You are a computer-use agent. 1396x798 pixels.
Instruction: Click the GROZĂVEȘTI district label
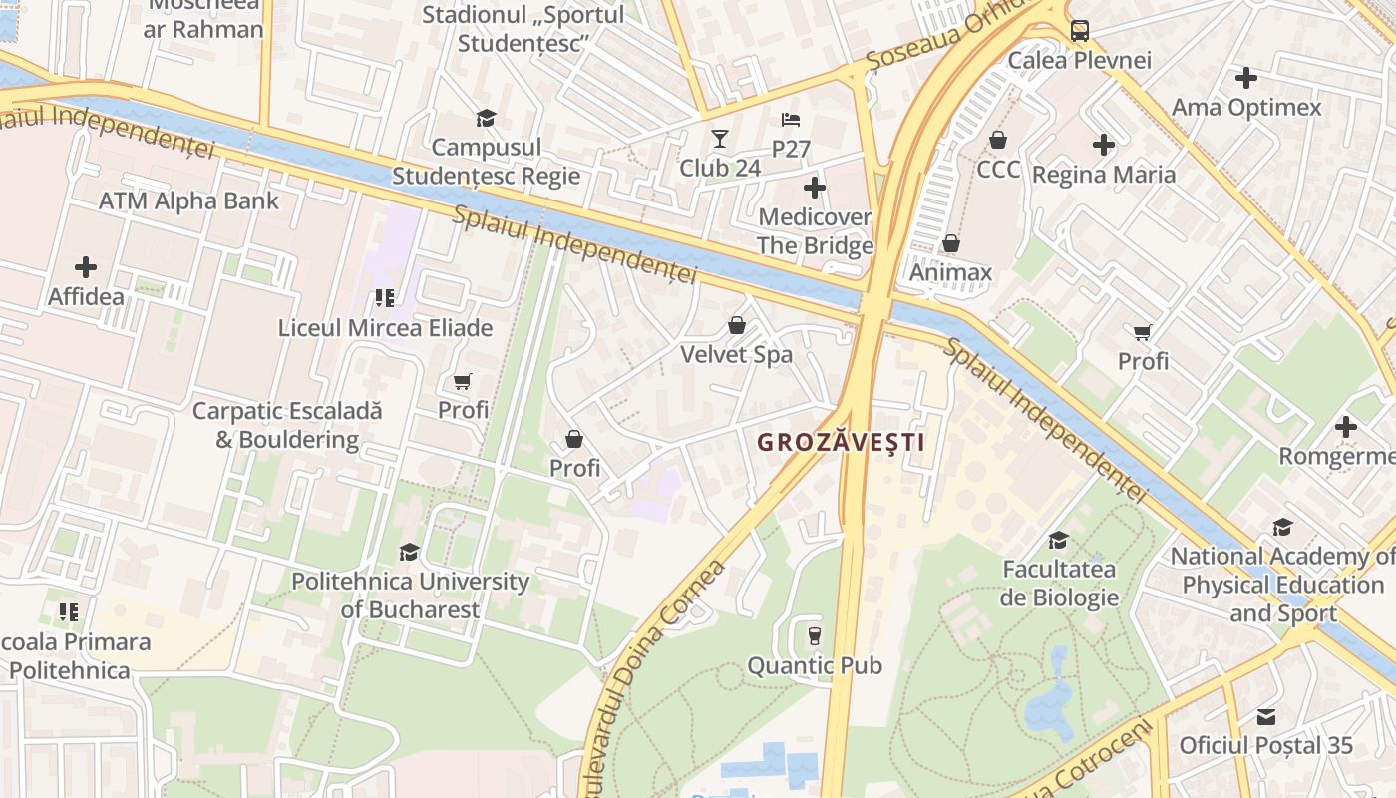tap(841, 442)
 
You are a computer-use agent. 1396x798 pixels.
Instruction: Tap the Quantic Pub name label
tap(815, 665)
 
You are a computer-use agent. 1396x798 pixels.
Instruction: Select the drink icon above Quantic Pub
tap(815, 635)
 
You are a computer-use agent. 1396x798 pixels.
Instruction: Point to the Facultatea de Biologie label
tap(1059, 584)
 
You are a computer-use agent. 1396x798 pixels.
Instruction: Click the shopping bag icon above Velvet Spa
tap(737, 325)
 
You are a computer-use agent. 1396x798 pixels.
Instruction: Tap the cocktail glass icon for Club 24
tap(720, 139)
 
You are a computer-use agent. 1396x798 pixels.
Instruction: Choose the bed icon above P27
tap(791, 120)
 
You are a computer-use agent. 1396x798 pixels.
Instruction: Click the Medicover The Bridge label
tap(815, 231)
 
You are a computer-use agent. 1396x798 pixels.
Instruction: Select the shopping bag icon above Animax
tap(951, 243)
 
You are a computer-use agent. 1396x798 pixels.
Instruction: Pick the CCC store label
tap(998, 169)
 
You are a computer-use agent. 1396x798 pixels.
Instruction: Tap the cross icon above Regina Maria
tap(1104, 145)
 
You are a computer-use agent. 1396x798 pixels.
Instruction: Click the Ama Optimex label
tap(1246, 107)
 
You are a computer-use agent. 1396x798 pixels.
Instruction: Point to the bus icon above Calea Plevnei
tap(1080, 31)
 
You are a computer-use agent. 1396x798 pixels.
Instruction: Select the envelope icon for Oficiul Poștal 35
tap(1266, 716)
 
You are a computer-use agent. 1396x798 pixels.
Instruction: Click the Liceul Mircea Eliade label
tap(385, 327)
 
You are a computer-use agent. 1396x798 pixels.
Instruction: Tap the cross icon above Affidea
tap(86, 267)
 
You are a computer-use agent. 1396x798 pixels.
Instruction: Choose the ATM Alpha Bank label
tap(188, 200)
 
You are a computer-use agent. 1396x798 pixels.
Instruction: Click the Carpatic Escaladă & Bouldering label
tap(287, 425)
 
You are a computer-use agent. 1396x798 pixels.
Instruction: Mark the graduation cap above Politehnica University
tap(409, 552)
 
